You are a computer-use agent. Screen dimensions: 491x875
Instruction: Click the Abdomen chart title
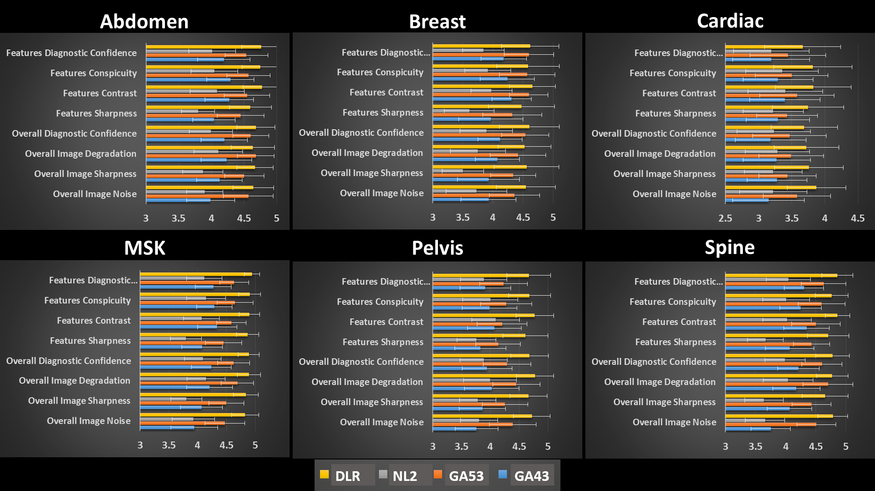pyautogui.click(x=144, y=21)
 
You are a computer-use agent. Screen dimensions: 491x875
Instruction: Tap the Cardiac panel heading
pyautogui.click(x=730, y=21)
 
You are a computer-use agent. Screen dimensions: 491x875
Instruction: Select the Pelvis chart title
pyautogui.click(x=437, y=248)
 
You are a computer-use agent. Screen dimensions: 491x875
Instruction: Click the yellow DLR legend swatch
pyautogui.click(x=324, y=474)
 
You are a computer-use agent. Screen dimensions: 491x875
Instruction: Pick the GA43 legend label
pyautogui.click(x=532, y=476)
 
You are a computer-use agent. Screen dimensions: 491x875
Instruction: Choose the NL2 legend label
pyautogui.click(x=405, y=476)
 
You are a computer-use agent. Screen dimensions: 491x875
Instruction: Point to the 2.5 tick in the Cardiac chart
pyautogui.click(x=725, y=218)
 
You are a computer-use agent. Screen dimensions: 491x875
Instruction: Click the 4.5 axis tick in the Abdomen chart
pyautogui.click(x=244, y=218)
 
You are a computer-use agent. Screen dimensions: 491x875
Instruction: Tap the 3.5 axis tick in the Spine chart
pyautogui.click(x=755, y=446)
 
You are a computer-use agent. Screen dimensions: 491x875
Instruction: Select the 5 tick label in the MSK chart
pyautogui.click(x=255, y=445)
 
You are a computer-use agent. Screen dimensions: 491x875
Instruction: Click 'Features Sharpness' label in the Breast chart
pyautogui.click(x=383, y=113)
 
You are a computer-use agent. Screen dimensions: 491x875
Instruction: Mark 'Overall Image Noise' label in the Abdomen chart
pyautogui.click(x=94, y=194)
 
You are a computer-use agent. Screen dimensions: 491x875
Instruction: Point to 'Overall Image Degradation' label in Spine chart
pyautogui.click(x=660, y=382)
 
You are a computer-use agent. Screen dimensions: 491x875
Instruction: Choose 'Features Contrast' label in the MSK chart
pyautogui.click(x=94, y=321)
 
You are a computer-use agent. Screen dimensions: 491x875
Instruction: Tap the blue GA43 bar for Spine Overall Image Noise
pyautogui.click(x=748, y=429)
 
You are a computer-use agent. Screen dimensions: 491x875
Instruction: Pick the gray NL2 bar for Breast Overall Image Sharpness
pyautogui.click(x=448, y=171)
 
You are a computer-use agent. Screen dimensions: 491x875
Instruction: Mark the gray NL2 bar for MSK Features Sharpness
pyautogui.click(x=163, y=339)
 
